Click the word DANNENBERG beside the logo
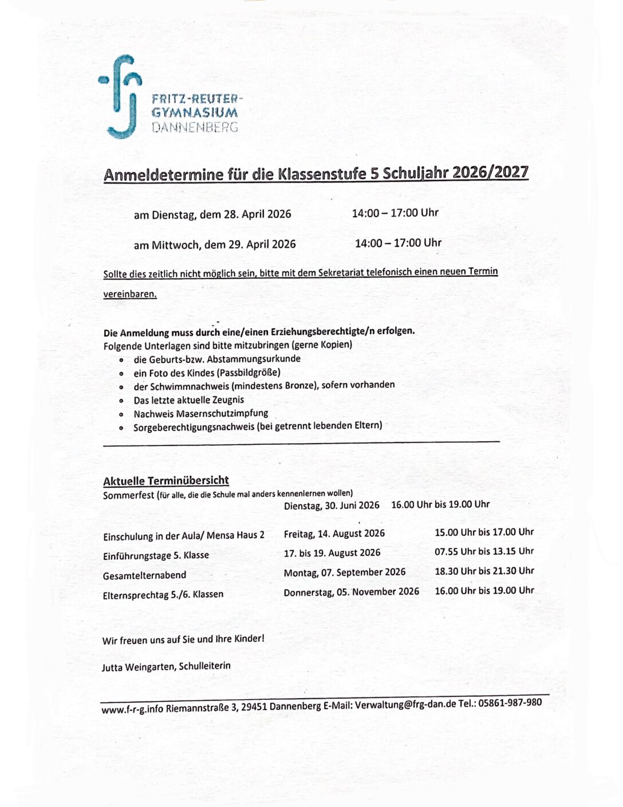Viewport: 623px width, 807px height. tap(195, 127)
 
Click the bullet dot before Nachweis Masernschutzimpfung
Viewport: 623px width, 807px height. tap(121, 414)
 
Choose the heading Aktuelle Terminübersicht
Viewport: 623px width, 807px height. tap(165, 481)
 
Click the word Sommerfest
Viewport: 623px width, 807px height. tap(129, 495)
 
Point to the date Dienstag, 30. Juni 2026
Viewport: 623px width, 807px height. tap(332, 506)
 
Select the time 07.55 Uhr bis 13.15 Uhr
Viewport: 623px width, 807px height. tap(484, 551)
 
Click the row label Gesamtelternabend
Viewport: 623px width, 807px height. tap(144, 575)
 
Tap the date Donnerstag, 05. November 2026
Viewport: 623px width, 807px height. tap(351, 591)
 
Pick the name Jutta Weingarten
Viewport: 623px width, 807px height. tap(138, 667)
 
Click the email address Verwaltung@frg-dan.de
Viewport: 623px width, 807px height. tap(405, 704)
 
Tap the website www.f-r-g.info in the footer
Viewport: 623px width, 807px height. tap(132, 710)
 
